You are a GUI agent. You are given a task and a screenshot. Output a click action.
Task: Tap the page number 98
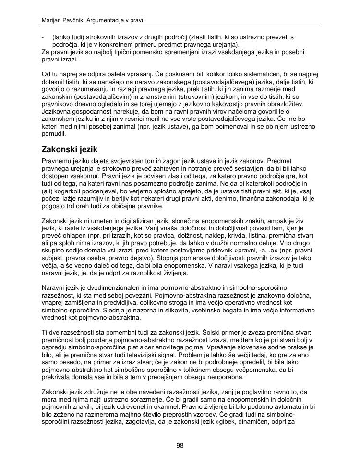(x=180, y=446)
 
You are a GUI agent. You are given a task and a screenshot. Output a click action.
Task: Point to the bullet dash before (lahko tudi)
(x=44, y=37)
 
